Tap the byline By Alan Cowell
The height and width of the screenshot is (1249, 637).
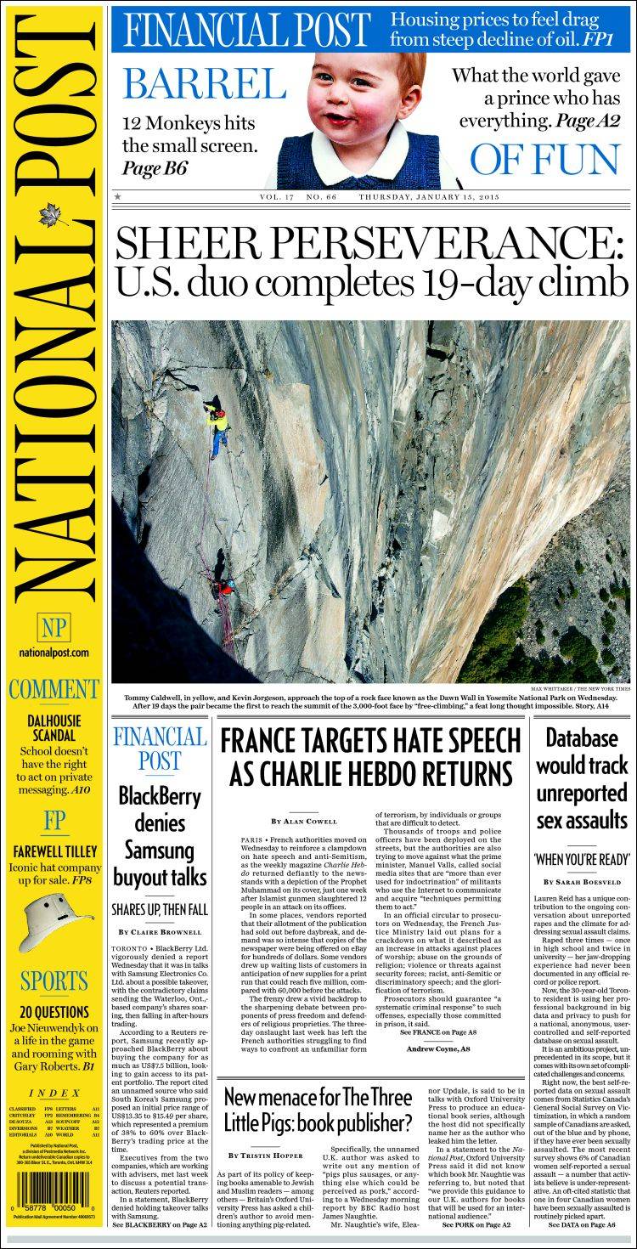[x=304, y=822]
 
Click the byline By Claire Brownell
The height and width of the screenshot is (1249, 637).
[x=160, y=932]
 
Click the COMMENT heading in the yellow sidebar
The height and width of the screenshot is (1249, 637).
[x=54, y=689]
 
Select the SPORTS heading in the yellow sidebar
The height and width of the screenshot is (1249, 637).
[x=54, y=981]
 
